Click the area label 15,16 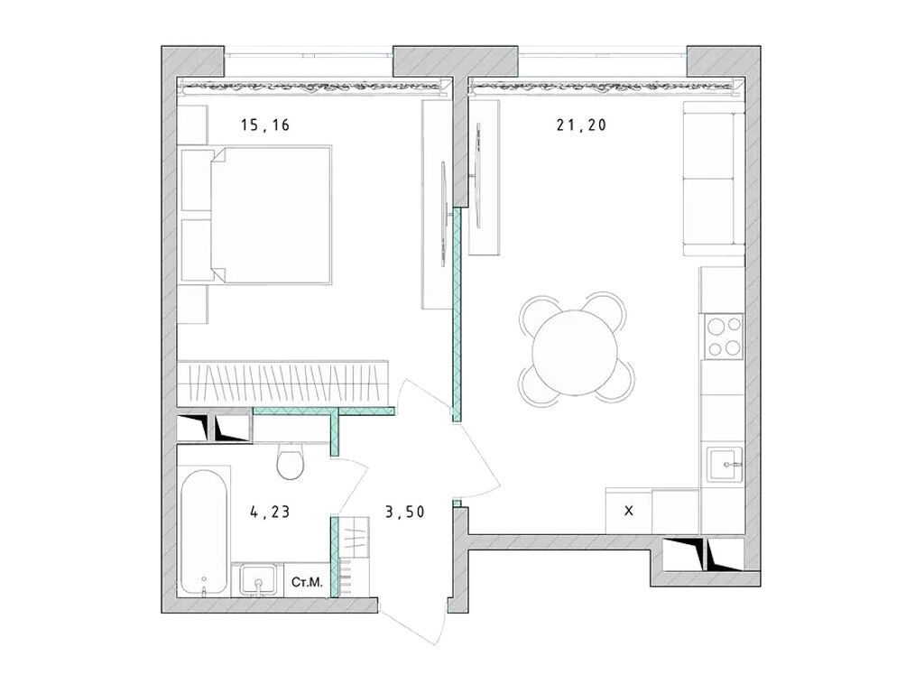pos(264,126)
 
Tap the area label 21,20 pos(580,126)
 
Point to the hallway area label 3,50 pos(404,513)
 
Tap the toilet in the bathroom pos(291,462)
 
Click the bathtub pos(204,532)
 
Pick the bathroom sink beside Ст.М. pos(258,579)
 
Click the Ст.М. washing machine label pos(308,583)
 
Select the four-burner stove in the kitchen pos(723,337)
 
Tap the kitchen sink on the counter pos(723,466)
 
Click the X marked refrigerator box pos(629,512)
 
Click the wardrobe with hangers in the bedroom pos(282,383)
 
